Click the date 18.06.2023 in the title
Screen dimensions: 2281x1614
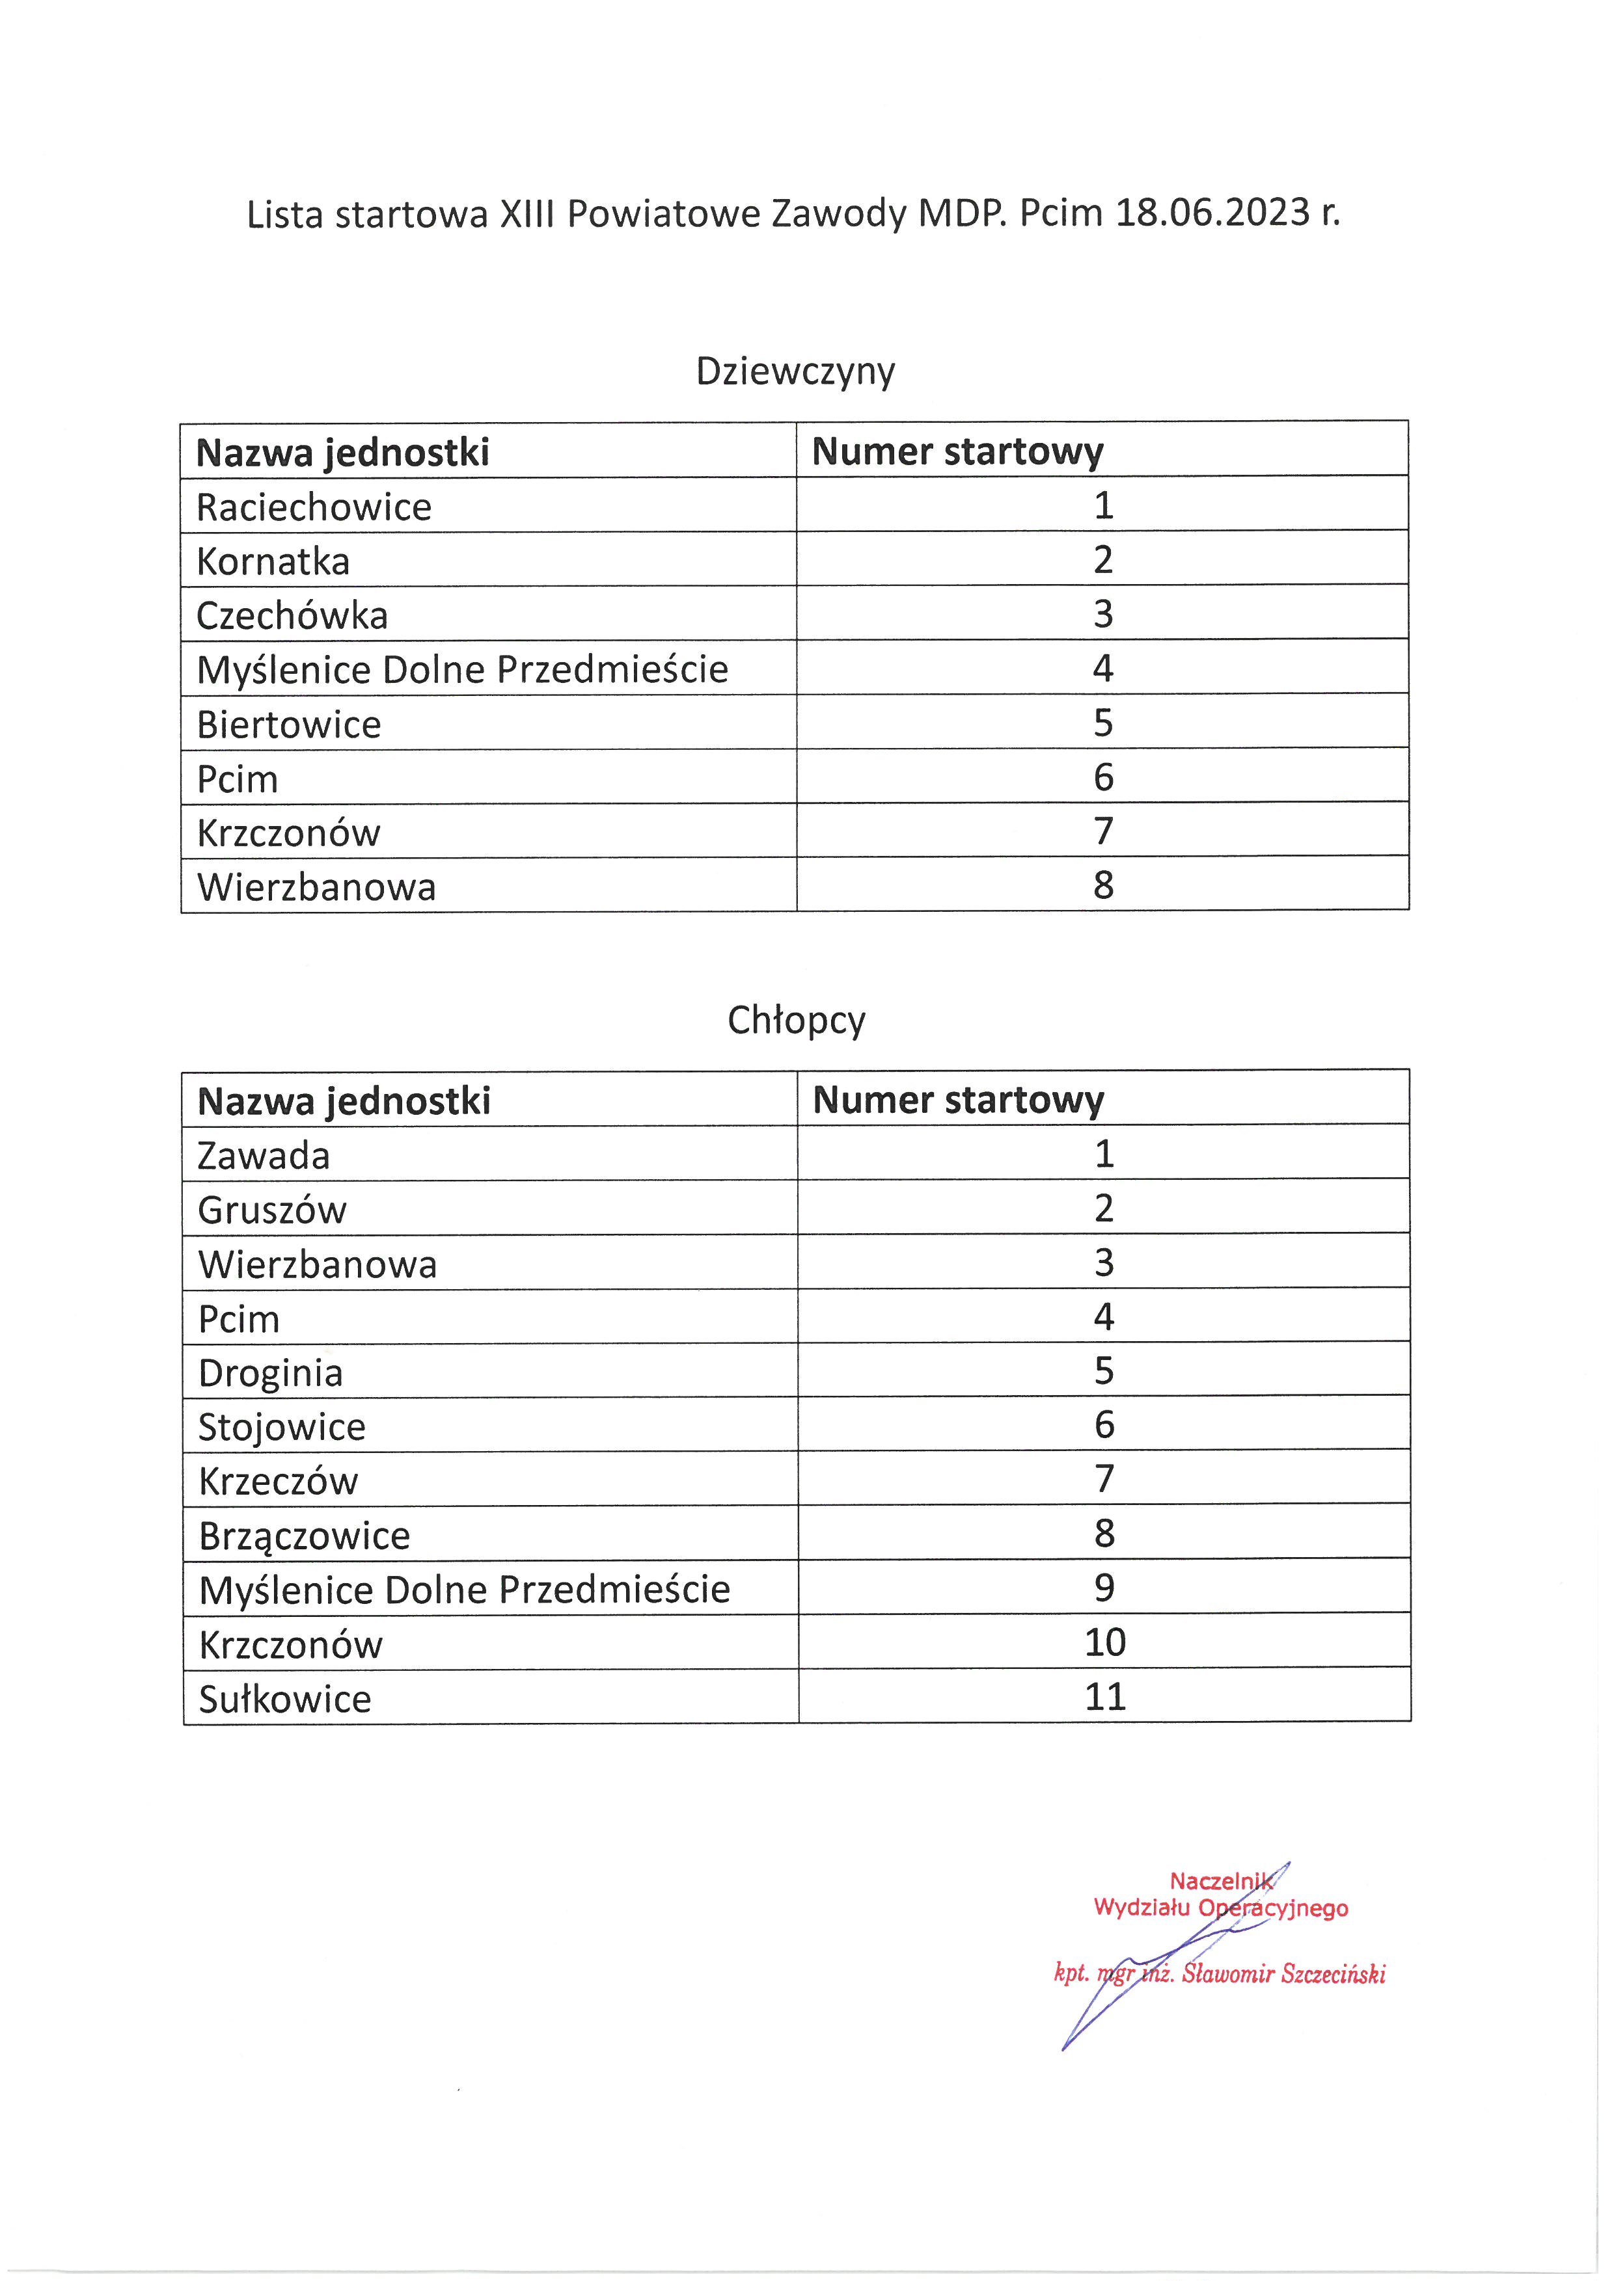[1212, 213]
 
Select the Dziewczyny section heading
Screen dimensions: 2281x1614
[795, 371]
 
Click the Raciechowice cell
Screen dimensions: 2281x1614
[314, 507]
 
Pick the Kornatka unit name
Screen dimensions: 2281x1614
[273, 561]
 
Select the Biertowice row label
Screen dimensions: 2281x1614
[289, 725]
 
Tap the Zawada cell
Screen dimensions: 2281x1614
[264, 1155]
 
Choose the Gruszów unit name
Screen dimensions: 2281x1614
[272, 1210]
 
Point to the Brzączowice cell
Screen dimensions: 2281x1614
[304, 1536]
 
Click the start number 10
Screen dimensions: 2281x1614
[1105, 1642]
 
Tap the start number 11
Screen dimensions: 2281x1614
[1105, 1696]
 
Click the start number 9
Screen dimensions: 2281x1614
[1104, 1588]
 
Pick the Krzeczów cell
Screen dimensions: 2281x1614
[279, 1481]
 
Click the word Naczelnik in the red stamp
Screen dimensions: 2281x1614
[1220, 1880]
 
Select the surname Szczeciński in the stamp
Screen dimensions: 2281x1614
[1333, 1974]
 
